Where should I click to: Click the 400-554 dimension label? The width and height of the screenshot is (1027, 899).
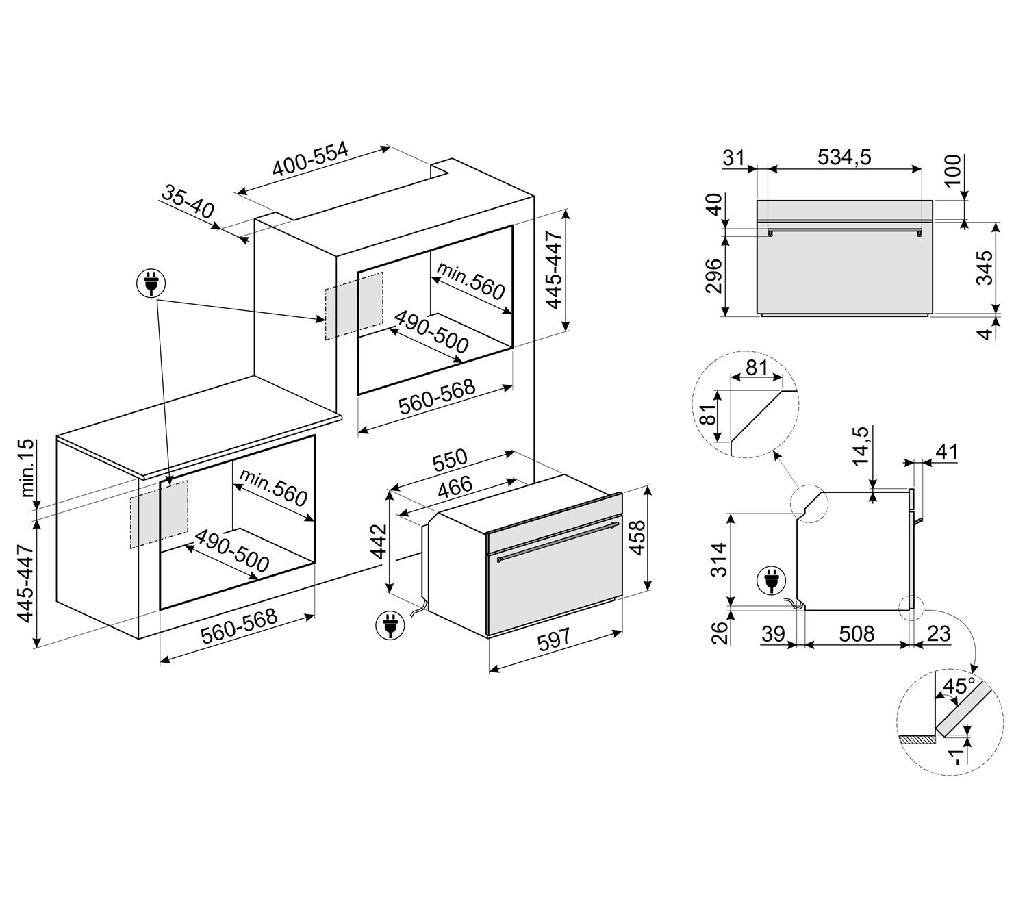click(x=310, y=158)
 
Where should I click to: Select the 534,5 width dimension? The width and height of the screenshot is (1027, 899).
click(x=844, y=157)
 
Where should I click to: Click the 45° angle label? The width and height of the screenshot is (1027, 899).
click(x=959, y=685)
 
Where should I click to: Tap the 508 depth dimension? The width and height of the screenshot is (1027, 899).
click(x=857, y=634)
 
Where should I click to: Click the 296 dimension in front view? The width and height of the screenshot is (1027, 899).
click(x=713, y=275)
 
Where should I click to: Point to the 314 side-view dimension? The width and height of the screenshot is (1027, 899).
click(x=720, y=559)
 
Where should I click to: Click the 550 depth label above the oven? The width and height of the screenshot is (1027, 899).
click(x=449, y=460)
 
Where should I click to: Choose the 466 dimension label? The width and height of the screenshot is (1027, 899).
click(x=455, y=488)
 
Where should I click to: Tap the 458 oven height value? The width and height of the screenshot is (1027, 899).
click(x=637, y=537)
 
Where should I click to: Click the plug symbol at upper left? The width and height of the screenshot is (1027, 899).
click(x=151, y=284)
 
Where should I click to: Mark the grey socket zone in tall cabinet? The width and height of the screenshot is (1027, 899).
click(x=355, y=305)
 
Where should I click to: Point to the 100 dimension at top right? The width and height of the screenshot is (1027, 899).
click(x=952, y=170)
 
